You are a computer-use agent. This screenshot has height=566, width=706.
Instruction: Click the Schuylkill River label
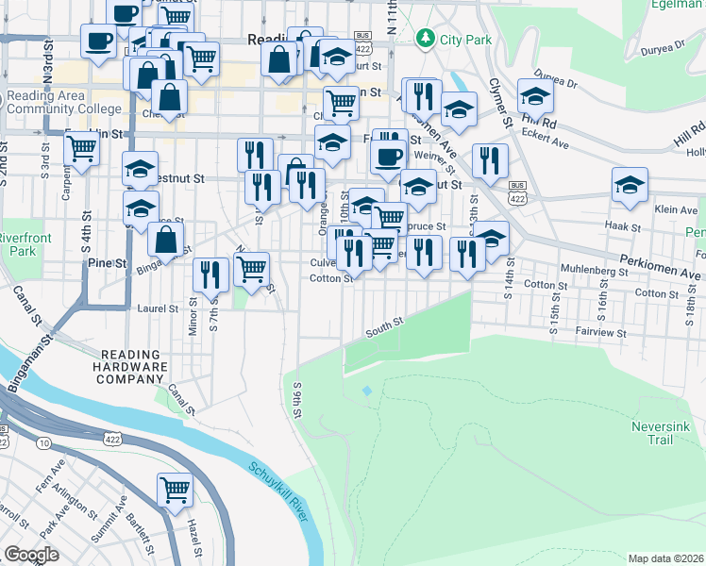coord(277,490)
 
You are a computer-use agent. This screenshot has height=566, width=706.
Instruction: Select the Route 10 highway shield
coord(45,441)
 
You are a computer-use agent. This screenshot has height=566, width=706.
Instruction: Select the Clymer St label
coord(499,103)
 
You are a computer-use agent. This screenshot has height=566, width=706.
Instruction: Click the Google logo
coord(32,555)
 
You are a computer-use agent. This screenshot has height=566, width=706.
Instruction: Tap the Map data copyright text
coord(665,558)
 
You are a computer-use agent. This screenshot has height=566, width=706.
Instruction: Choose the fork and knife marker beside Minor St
coord(210,275)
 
